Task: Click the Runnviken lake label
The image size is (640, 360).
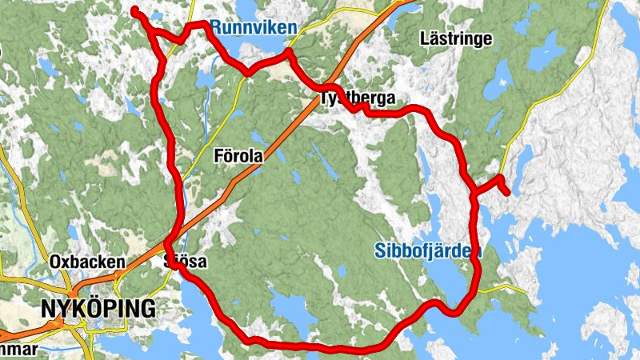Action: (254, 27)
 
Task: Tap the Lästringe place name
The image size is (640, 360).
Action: (455, 38)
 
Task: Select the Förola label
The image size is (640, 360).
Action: (238, 157)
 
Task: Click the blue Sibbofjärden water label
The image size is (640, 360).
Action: (427, 251)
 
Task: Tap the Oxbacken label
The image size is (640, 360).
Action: (87, 262)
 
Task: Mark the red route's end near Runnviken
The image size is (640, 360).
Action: (135, 10)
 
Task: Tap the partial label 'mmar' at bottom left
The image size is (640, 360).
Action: (18, 350)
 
